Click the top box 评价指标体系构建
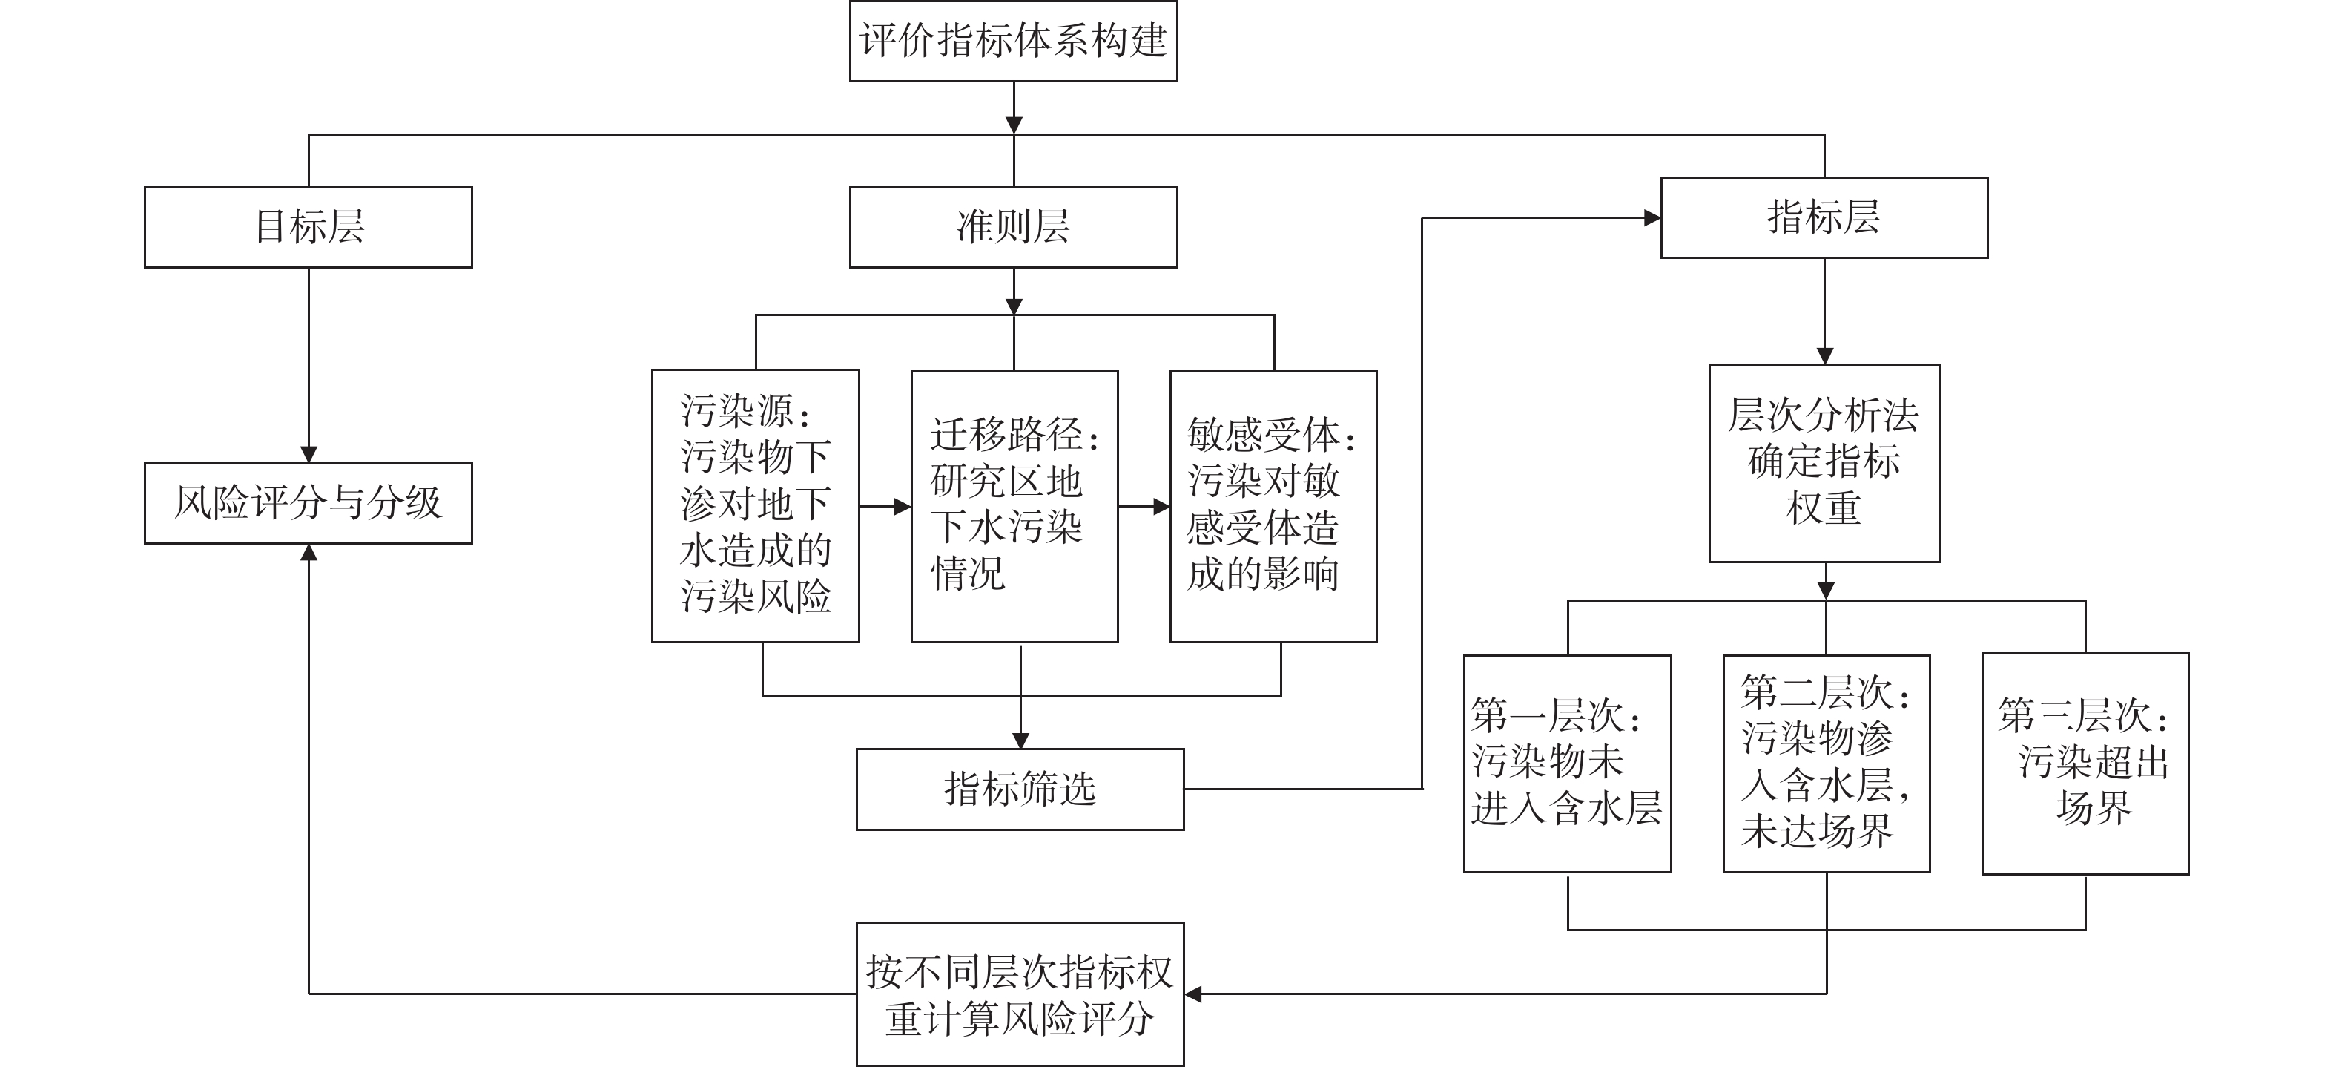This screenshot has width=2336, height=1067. tap(1013, 42)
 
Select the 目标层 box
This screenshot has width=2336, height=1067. tap(309, 227)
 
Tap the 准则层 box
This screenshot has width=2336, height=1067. tap(1013, 227)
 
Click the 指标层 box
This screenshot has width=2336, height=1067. tap(1824, 217)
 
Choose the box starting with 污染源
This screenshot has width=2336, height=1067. tap(756, 505)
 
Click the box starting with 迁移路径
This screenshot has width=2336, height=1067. tap(1014, 505)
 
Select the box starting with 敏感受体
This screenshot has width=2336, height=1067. tap(1273, 505)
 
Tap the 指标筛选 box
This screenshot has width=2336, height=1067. tap(1020, 789)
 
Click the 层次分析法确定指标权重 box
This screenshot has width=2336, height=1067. tap(1824, 463)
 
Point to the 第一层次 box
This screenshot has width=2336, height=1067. tap(1567, 763)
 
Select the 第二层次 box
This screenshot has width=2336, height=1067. tap(1827, 763)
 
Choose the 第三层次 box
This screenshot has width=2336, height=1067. tap(2085, 763)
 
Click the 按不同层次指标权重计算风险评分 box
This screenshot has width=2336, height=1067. tap(1020, 994)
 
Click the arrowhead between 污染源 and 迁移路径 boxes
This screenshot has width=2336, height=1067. tap(903, 506)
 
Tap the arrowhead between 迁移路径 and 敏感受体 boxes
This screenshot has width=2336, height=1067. tap(1161, 506)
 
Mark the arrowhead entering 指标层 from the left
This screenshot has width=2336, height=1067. tap(1652, 217)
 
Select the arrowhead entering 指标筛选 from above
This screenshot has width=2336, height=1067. tap(1020, 741)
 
